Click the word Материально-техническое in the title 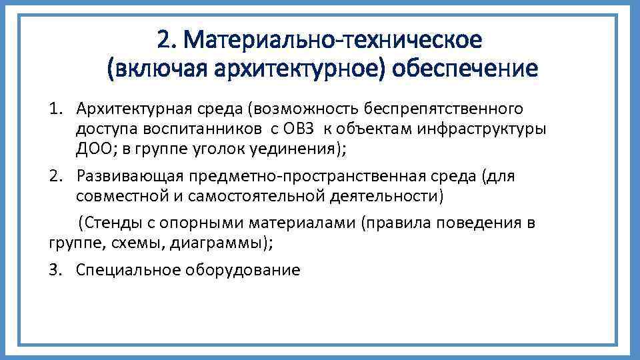coord(333,40)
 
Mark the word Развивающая coord(131,177)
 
